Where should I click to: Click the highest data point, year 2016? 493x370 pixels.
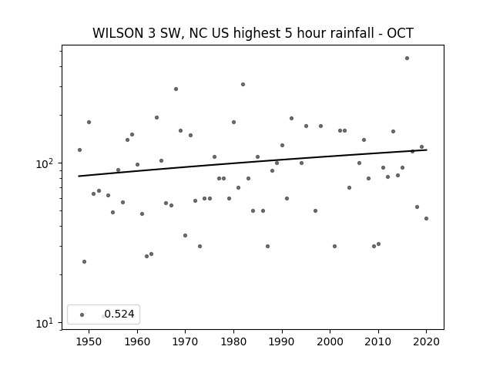pos(407,59)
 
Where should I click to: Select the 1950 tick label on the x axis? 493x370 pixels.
pos(89,341)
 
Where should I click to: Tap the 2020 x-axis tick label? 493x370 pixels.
pos(426,341)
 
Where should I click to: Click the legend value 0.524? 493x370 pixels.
pos(119,314)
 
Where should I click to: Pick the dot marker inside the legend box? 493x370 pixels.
pos(82,314)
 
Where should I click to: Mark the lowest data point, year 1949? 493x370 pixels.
pos(84,262)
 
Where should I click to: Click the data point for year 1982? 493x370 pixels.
pos(243,84)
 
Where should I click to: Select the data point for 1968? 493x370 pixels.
pos(176,89)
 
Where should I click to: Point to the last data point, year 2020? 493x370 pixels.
pos(426,218)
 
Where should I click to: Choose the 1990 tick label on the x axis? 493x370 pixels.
pos(282,341)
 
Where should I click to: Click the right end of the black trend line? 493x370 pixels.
pos(427,150)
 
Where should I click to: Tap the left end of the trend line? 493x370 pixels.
pos(79,177)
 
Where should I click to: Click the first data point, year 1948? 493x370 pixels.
pos(79,150)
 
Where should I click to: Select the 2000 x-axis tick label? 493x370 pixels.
pos(330,341)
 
